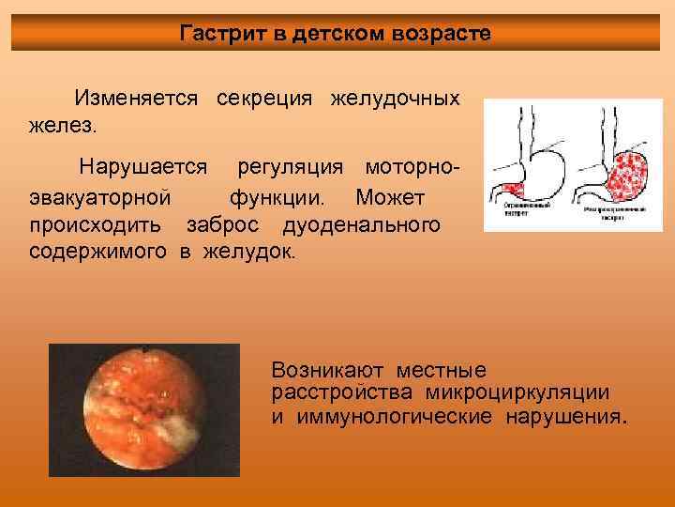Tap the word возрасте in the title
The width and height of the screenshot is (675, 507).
[443, 34]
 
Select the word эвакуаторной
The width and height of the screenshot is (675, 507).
[99, 199]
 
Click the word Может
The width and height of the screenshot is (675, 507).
[391, 199]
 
